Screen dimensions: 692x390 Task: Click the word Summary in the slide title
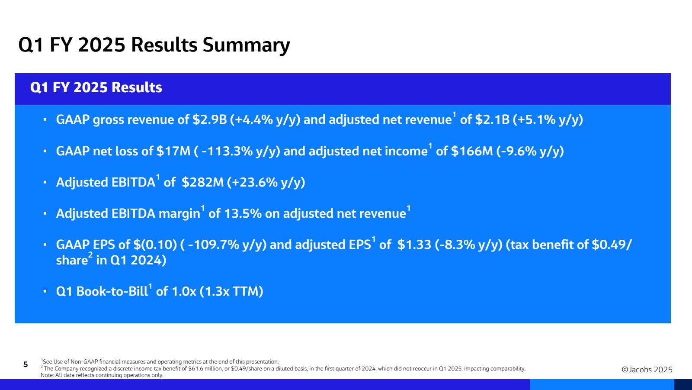pyautogui.click(x=246, y=45)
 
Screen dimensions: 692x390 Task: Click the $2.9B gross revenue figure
pyautogui.click(x=209, y=120)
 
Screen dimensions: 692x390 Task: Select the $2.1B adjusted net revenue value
pyautogui.click(x=492, y=120)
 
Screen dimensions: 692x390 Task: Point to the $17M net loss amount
pyautogui.click(x=173, y=151)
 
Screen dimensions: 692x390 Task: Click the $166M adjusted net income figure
pyautogui.click(x=472, y=151)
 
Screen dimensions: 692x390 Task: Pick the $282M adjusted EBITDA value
pyautogui.click(x=203, y=182)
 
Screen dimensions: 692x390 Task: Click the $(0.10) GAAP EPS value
pyautogui.click(x=155, y=245)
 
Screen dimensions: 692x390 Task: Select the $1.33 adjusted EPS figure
pyautogui.click(x=414, y=245)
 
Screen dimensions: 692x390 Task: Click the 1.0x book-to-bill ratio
pyautogui.click(x=183, y=291)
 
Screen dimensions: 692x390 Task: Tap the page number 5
pyautogui.click(x=26, y=364)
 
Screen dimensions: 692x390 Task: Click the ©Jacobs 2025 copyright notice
pyautogui.click(x=647, y=370)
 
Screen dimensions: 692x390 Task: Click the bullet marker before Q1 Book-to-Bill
pyautogui.click(x=45, y=291)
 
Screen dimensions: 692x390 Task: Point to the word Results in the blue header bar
pyautogui.click(x=137, y=87)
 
